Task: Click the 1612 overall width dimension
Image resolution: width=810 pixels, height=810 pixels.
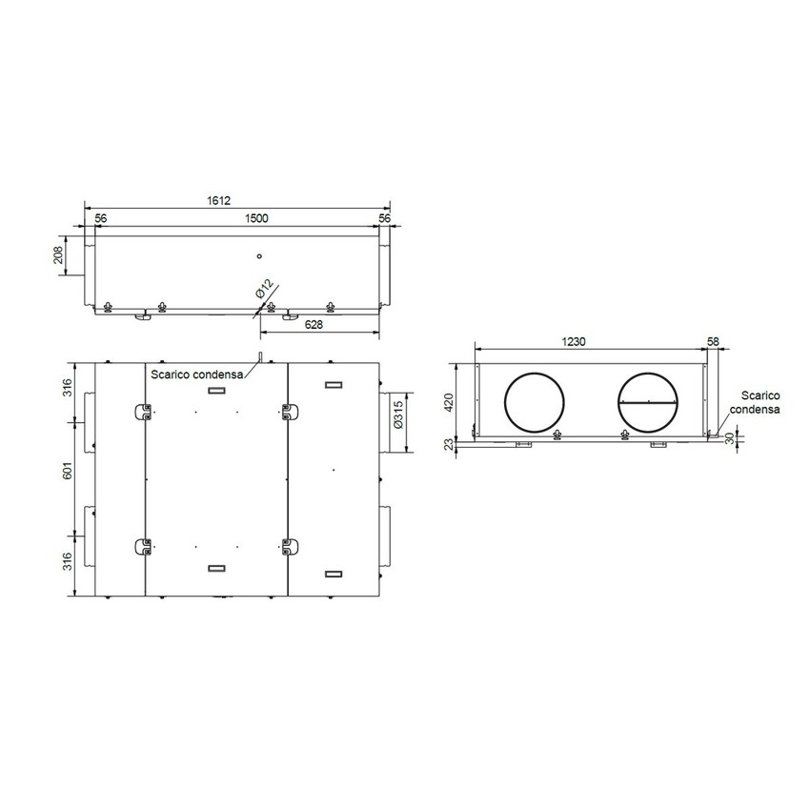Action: pyautogui.click(x=219, y=201)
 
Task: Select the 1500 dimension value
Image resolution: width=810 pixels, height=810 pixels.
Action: pyautogui.click(x=256, y=218)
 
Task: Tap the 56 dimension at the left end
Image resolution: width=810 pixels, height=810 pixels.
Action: pyautogui.click(x=101, y=218)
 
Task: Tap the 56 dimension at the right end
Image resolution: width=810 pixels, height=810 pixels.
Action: pyautogui.click(x=385, y=218)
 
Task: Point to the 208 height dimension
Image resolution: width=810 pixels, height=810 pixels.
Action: pyautogui.click(x=58, y=255)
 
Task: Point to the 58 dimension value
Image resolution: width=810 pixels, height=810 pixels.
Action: pyautogui.click(x=714, y=340)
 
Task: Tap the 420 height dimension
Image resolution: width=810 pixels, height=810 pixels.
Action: pyautogui.click(x=450, y=402)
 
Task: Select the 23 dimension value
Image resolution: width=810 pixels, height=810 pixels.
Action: pyautogui.click(x=450, y=444)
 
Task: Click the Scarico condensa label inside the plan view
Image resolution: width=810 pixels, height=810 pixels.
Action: pyautogui.click(x=197, y=375)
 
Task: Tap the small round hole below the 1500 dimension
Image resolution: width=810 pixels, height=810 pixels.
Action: pyautogui.click(x=258, y=256)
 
